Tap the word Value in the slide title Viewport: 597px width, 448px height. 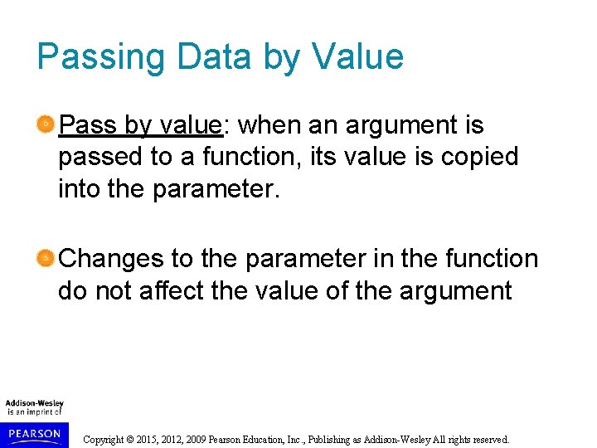point(357,56)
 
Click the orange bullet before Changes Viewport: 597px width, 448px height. point(46,259)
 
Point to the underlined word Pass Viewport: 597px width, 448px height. point(89,125)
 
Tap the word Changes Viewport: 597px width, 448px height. point(113,259)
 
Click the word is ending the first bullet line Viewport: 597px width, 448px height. point(474,125)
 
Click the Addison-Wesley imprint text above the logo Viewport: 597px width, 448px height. point(34,404)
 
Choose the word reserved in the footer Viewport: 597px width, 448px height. point(488,440)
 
